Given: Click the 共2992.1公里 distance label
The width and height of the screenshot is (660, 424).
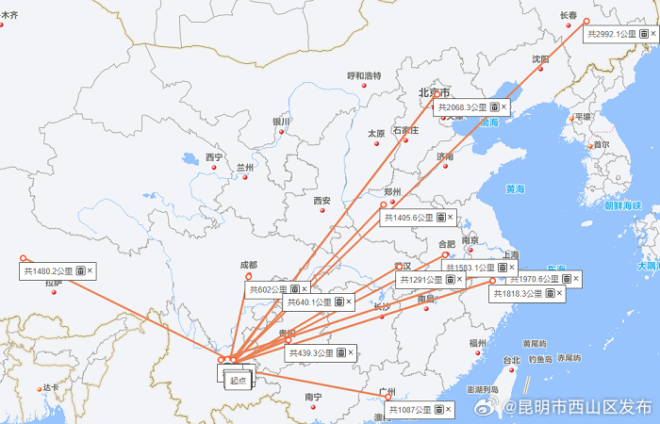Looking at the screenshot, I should point(607,35).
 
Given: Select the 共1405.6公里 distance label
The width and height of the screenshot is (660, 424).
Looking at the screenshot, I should point(408,218).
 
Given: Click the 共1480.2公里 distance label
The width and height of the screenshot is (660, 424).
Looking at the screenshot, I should point(46,271).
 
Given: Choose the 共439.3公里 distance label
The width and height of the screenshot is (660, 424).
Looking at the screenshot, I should point(311,353).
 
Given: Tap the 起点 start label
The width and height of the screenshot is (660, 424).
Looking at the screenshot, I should point(238,381).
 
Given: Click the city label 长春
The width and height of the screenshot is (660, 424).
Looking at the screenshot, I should point(569,16).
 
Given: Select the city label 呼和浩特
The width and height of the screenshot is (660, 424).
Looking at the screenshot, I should point(364,75).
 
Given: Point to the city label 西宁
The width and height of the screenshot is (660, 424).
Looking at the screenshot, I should point(214,157).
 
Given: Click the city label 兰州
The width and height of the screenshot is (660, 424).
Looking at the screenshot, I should point(245,167).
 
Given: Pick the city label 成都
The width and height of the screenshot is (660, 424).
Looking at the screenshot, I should point(248,265).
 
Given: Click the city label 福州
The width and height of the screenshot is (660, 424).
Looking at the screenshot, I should point(477,344).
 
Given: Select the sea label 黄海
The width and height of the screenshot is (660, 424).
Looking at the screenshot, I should point(514,188).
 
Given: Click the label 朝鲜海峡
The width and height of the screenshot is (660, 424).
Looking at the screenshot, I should point(622,204).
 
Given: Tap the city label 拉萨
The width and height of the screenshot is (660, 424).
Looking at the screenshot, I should point(53,282).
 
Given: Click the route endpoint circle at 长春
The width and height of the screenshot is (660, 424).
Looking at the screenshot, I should point(586,21).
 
